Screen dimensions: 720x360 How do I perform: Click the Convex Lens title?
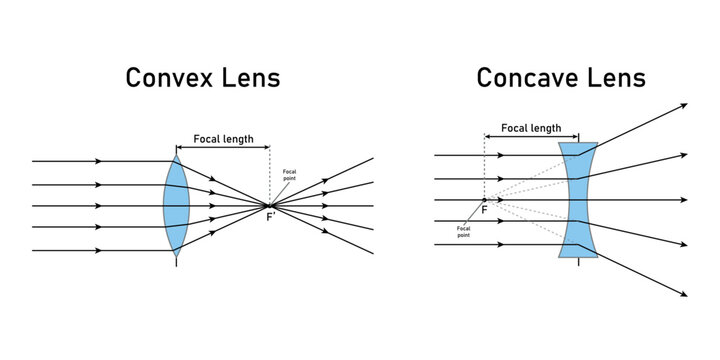[202, 78]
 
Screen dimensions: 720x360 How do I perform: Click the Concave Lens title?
[560, 78]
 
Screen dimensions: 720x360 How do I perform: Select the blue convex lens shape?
[177, 205]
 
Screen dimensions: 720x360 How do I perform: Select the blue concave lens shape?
[579, 199]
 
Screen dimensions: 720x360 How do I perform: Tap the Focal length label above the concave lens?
[530, 128]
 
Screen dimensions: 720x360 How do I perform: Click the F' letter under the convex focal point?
[271, 217]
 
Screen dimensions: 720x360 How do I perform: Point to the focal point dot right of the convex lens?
[269, 206]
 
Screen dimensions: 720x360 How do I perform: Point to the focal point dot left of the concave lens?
[484, 199]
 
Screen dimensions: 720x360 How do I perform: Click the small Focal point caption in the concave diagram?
[463, 231]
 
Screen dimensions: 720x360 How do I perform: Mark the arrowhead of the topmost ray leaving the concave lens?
[683, 105]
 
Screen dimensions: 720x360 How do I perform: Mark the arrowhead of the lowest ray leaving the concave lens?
[683, 294]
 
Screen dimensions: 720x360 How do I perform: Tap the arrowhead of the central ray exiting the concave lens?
[683, 200]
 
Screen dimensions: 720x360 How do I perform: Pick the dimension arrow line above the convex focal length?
[222, 148]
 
